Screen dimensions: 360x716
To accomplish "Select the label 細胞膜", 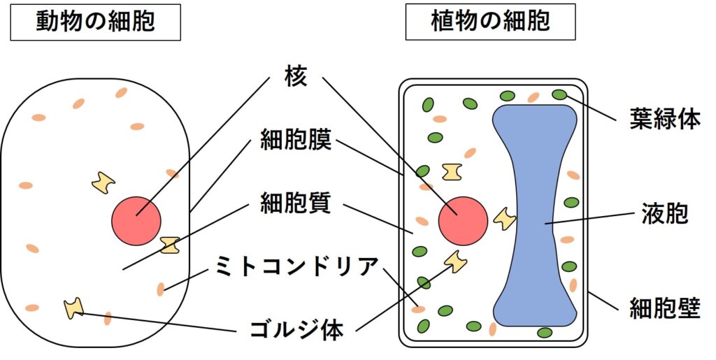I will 294,141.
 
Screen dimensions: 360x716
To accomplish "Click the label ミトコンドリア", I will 294,266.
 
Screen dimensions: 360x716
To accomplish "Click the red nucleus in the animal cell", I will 136,221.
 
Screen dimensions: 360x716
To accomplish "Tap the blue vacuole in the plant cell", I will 535,217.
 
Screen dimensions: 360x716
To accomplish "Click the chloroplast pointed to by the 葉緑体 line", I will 559,94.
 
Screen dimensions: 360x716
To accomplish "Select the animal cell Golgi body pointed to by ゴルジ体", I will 73,308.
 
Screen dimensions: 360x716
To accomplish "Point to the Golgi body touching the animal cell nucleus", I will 169,245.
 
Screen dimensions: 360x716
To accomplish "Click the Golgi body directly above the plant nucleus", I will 452,171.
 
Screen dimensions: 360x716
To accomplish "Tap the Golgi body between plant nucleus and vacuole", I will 503,219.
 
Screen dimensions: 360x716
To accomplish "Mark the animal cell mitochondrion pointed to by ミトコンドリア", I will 161,288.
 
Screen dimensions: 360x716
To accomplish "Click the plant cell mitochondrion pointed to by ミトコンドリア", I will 419,308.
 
